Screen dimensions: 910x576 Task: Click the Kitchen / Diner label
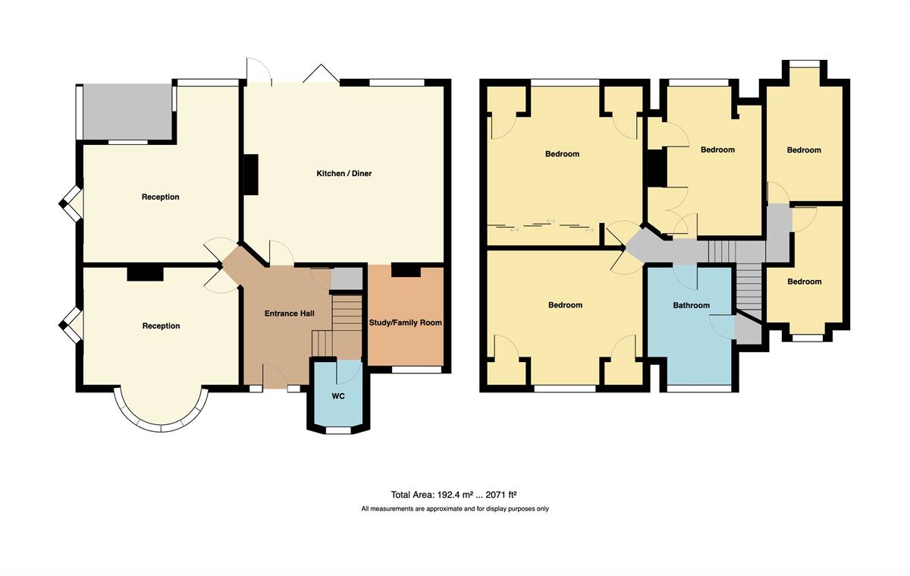(x=344, y=174)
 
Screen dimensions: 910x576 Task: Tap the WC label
(x=338, y=396)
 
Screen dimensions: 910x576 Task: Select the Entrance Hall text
(x=289, y=313)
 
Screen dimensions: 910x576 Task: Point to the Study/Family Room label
(x=406, y=323)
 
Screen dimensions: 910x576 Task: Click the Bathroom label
(x=692, y=305)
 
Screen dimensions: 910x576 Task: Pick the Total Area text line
(x=453, y=495)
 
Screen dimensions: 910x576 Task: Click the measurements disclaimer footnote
(x=455, y=508)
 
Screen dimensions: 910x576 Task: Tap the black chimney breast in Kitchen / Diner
(x=251, y=175)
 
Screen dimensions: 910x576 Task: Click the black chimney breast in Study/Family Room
(x=406, y=270)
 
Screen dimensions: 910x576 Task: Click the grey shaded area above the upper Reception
(x=127, y=112)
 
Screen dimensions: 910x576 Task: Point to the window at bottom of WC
(x=339, y=430)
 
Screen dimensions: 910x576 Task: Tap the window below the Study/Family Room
(x=416, y=370)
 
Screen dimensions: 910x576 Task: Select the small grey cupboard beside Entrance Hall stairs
(x=347, y=279)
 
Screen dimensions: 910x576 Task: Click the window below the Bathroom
(x=698, y=389)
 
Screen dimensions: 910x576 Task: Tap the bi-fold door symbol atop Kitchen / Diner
(x=321, y=74)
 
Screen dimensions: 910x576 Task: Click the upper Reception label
(x=161, y=197)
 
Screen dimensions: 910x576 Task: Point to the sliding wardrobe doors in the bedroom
(x=540, y=226)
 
